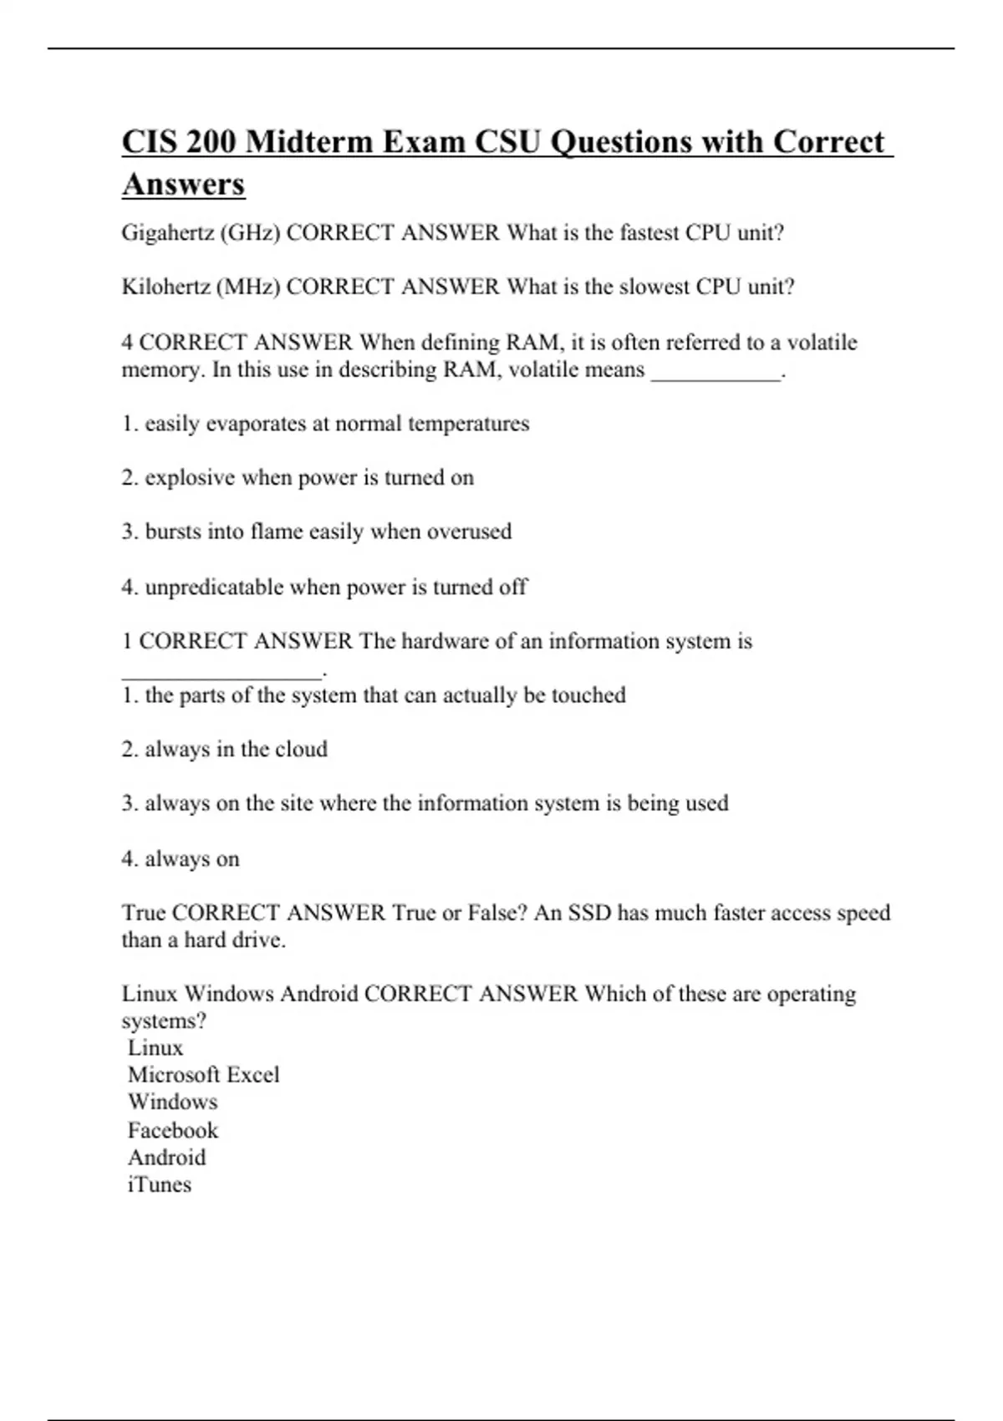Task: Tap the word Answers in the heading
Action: pos(183,184)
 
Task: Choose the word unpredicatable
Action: pos(214,588)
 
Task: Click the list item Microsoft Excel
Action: pos(203,1075)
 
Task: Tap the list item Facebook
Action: pos(172,1131)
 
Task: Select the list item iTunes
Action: pos(159,1184)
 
